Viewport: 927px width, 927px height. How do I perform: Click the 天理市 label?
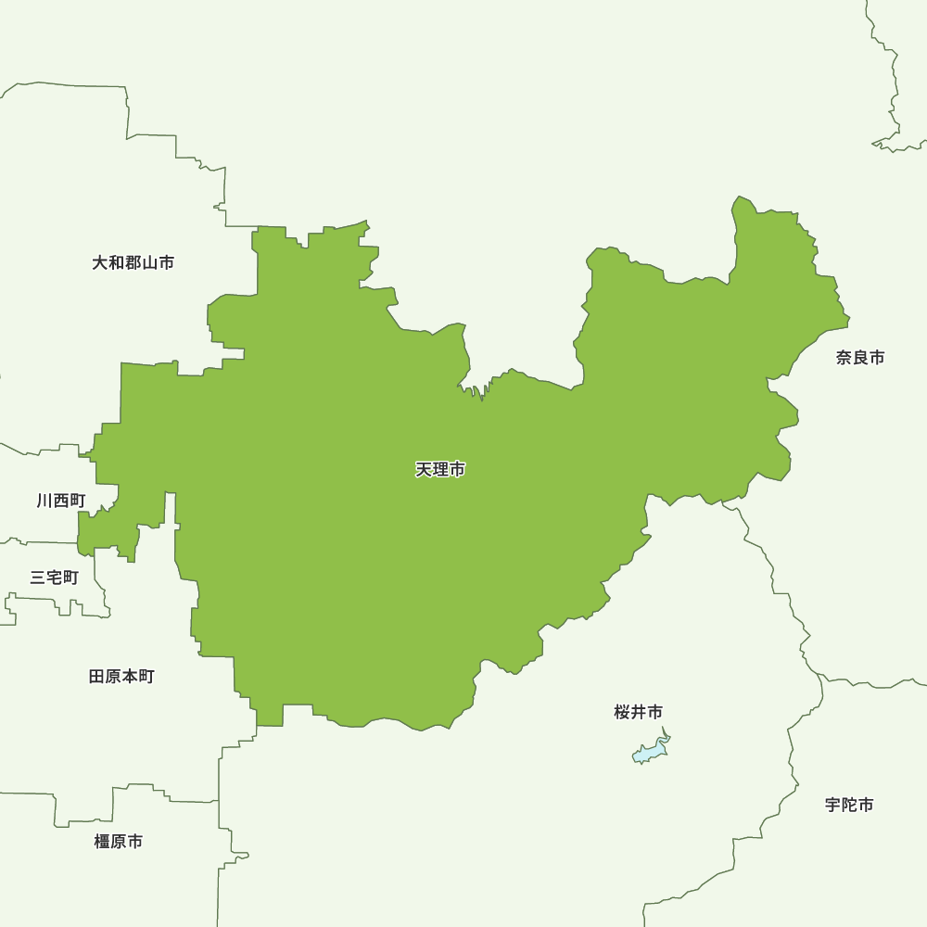(440, 470)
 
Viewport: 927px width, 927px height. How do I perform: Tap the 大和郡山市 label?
(133, 263)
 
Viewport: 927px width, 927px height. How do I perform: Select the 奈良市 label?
(860, 358)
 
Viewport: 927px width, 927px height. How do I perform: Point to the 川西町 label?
(61, 501)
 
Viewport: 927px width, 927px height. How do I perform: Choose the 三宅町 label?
(55, 578)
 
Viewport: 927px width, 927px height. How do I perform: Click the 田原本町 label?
(121, 677)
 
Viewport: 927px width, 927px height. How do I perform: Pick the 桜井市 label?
(639, 712)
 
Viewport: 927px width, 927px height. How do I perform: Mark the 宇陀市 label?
(849, 805)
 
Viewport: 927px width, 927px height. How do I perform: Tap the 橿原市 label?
(119, 842)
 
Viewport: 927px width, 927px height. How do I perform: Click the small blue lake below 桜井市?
(651, 751)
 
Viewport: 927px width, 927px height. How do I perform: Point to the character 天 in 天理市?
(424, 470)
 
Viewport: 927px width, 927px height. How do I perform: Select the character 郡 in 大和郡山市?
(133, 263)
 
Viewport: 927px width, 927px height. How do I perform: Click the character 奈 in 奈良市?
(844, 358)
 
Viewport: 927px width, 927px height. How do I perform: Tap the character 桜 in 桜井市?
(622, 712)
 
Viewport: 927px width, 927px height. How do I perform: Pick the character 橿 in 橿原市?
(102, 842)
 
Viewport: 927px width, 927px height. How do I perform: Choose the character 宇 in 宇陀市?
(832, 805)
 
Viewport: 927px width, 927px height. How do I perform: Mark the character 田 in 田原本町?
(96, 677)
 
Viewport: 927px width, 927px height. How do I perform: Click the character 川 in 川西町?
(44, 501)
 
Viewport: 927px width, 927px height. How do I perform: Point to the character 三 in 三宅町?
(38, 578)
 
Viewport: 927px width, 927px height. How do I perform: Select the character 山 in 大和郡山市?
(150, 263)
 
